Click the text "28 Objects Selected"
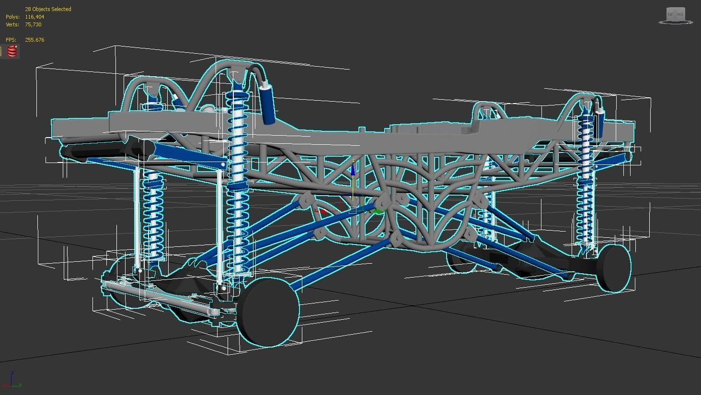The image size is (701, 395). tap(48, 9)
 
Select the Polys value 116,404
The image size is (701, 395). tap(34, 17)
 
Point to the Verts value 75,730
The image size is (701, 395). tap(33, 24)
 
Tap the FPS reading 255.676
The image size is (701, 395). tap(34, 40)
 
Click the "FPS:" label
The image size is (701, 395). tap(11, 40)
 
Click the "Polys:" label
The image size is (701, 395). tap(12, 17)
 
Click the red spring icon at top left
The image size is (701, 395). tap(12, 52)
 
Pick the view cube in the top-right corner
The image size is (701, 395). tap(676, 15)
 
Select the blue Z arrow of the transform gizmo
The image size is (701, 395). tap(353, 169)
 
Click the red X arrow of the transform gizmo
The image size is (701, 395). tap(322, 210)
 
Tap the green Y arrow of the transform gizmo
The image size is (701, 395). tap(379, 211)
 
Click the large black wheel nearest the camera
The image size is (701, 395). tap(268, 312)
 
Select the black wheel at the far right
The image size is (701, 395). tap(615, 268)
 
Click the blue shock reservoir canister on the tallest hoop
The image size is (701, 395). tap(267, 104)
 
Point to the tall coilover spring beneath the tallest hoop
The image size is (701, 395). tap(237, 182)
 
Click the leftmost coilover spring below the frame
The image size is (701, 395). tap(153, 216)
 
